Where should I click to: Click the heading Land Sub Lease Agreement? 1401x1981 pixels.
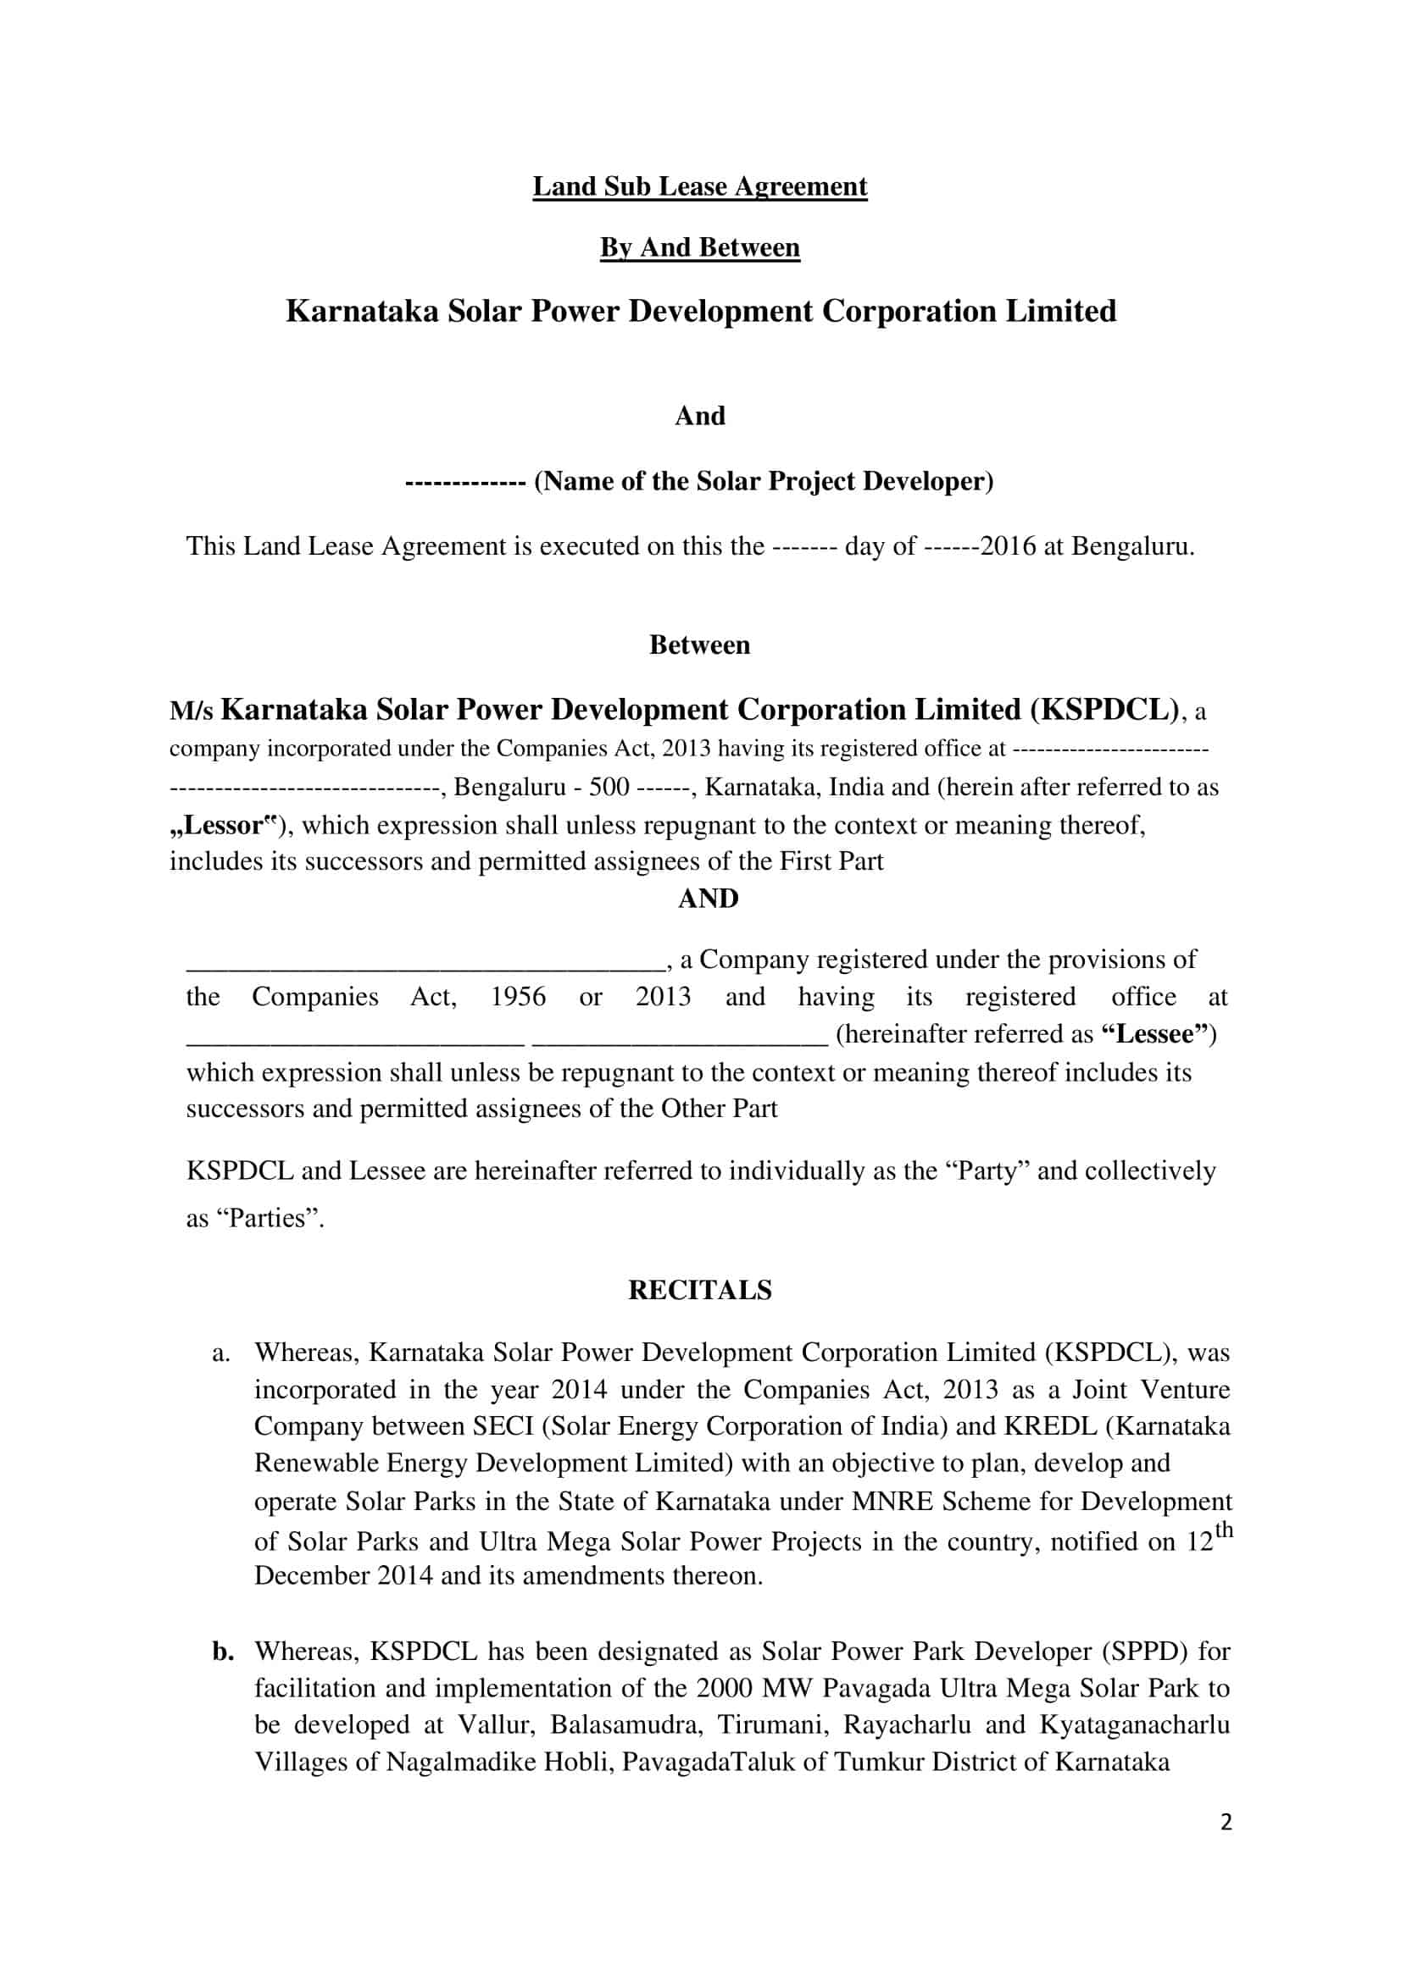(699, 186)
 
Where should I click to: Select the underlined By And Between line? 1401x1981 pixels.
(699, 247)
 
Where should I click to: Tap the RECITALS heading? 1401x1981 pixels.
(699, 1290)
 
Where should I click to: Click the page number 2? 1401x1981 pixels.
(1226, 1822)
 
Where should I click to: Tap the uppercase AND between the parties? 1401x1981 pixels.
(708, 898)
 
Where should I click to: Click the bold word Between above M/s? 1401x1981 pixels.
(699, 645)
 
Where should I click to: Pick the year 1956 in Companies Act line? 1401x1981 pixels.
(518, 997)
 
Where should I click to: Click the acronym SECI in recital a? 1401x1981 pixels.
(503, 1426)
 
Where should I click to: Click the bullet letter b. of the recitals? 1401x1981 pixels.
(224, 1652)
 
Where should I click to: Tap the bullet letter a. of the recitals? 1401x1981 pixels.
(221, 1352)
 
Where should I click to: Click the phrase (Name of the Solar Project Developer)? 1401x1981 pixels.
(763, 480)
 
